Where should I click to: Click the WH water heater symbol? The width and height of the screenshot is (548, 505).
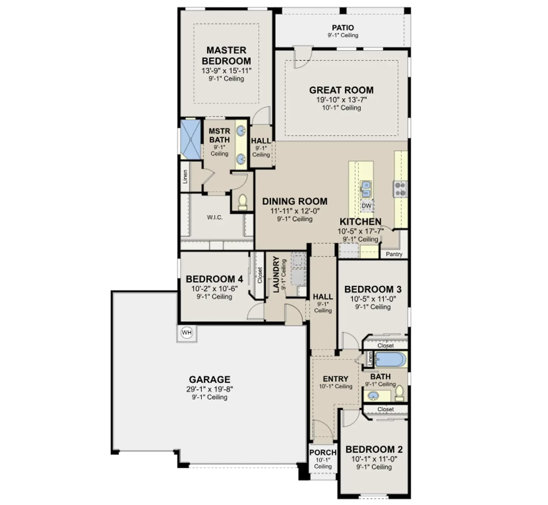187,333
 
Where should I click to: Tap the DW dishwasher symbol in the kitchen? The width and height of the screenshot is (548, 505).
366,206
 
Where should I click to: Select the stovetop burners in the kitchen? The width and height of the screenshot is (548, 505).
400,189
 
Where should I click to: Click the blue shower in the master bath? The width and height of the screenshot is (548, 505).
190,139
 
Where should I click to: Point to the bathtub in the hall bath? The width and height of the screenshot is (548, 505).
390,359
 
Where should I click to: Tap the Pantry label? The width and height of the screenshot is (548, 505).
394,254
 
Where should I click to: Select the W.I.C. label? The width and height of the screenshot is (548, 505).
215,217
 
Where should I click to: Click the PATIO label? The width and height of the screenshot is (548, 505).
343,27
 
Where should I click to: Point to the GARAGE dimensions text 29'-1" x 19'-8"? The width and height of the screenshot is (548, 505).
210,389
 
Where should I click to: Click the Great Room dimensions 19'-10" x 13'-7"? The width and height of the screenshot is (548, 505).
341,100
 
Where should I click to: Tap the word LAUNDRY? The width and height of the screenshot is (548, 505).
276,275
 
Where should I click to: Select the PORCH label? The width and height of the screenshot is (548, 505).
323,453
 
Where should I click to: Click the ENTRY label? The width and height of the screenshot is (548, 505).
335,379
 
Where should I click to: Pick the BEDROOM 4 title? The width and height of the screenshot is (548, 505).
214,279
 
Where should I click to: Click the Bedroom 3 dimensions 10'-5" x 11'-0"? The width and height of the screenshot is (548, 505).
373,299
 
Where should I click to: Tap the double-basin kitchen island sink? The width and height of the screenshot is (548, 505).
366,189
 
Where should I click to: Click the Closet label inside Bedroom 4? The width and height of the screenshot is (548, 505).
260,275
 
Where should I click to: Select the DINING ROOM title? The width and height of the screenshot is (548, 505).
295,201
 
